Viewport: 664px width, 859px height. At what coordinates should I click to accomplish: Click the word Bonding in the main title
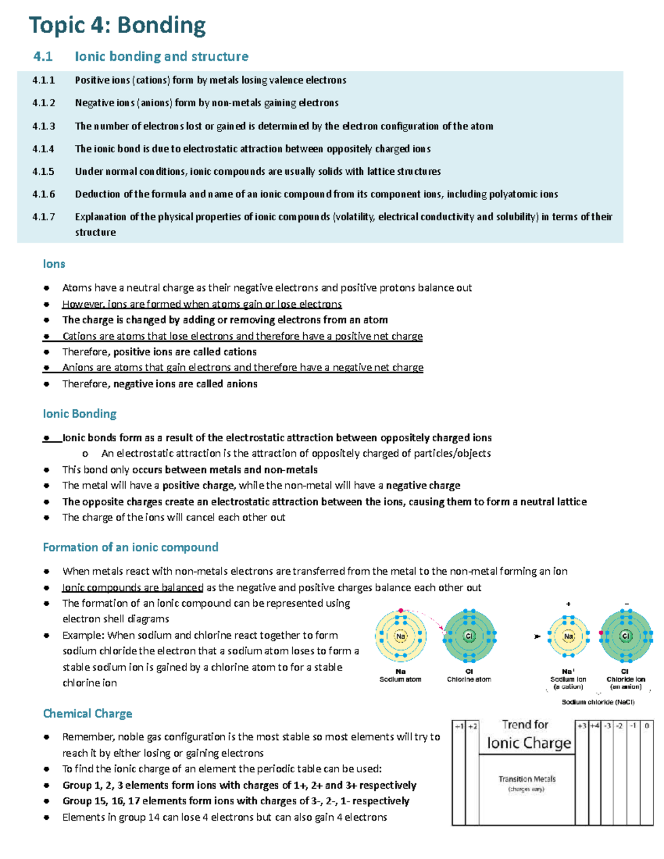(x=161, y=25)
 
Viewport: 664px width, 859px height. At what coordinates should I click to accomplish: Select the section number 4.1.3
(x=44, y=126)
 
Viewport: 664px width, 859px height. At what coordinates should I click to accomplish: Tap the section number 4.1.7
(x=44, y=217)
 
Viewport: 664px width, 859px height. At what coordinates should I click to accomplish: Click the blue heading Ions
(x=54, y=264)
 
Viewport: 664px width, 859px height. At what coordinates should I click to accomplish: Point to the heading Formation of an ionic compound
(x=131, y=547)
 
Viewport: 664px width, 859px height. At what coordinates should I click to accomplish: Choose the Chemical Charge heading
(x=87, y=714)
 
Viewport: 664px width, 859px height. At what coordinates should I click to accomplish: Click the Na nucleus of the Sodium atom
(x=401, y=636)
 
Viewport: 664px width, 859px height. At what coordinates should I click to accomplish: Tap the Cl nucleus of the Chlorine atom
(x=469, y=636)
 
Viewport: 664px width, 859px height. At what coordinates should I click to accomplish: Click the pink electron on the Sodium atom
(x=401, y=611)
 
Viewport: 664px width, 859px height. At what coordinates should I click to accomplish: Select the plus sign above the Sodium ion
(x=568, y=604)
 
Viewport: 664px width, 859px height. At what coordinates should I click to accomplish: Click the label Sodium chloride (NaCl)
(x=598, y=702)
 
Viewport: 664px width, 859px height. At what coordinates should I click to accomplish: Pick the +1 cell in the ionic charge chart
(x=459, y=726)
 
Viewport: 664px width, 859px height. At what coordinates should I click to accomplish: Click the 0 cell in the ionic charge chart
(x=646, y=726)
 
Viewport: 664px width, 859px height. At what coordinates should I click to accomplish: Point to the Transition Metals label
(x=527, y=779)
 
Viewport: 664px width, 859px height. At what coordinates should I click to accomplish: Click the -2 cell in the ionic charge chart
(x=620, y=726)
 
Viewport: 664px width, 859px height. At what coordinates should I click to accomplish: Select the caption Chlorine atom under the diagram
(x=469, y=679)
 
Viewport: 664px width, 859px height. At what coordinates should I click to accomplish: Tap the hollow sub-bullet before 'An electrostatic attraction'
(x=85, y=454)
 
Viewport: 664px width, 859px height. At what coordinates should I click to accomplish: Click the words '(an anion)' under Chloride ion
(x=625, y=687)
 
